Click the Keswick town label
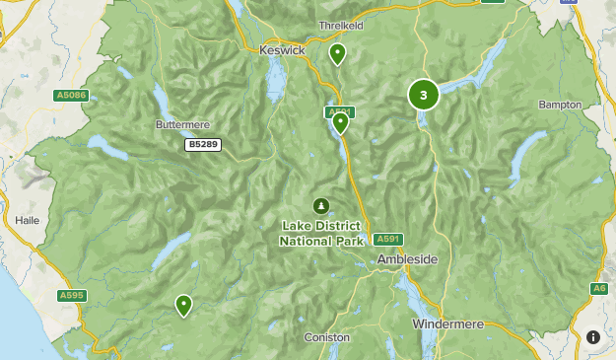point(282,49)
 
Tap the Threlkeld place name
point(342,26)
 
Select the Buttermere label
point(184,125)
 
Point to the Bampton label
point(561,105)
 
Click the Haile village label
point(27,221)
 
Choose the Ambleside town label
point(407,259)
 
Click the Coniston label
point(326,337)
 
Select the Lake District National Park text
point(321,233)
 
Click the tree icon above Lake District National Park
point(321,205)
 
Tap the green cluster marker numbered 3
point(424,95)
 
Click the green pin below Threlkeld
point(338,53)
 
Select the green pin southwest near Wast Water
point(183,305)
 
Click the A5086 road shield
point(71,96)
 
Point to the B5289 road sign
point(203,145)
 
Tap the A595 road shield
point(72,295)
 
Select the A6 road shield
point(598,288)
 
